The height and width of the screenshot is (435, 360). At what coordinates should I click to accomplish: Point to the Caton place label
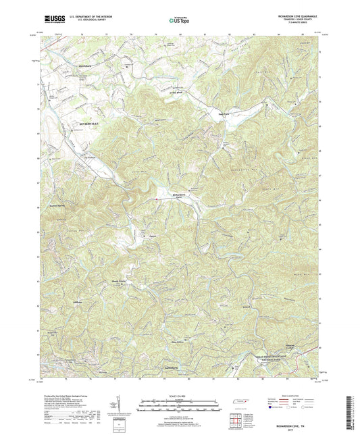click(152, 236)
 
